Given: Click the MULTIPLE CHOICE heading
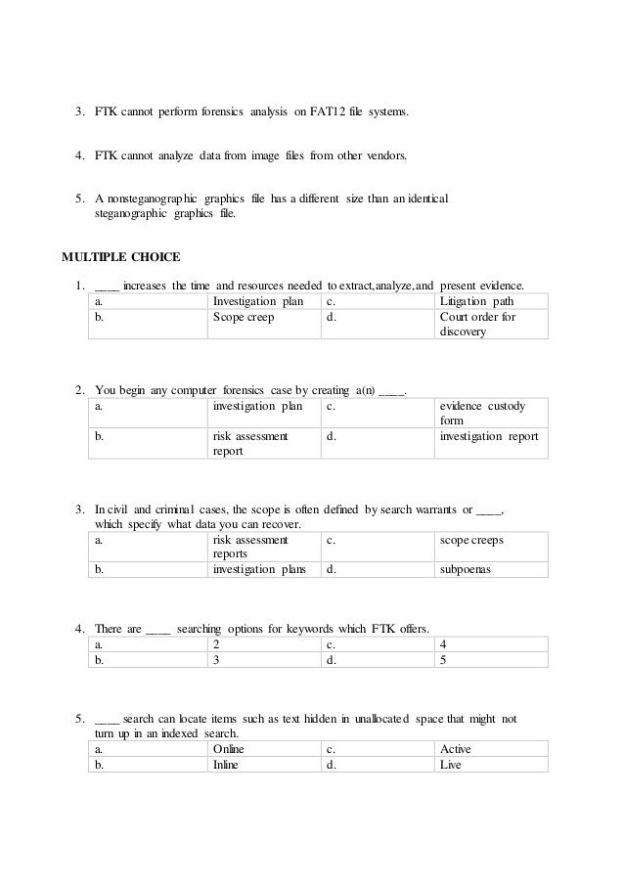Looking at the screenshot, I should click(x=121, y=258).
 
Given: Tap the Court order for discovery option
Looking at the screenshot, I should click(x=477, y=325).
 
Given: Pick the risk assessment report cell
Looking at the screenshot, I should click(x=249, y=444).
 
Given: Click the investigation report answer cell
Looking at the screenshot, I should click(x=489, y=437).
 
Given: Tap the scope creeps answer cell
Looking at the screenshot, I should click(x=472, y=539).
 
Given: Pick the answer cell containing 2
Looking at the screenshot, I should click(x=215, y=644).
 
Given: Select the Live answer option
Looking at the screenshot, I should click(x=450, y=765).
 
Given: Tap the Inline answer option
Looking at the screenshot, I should click(x=225, y=765).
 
